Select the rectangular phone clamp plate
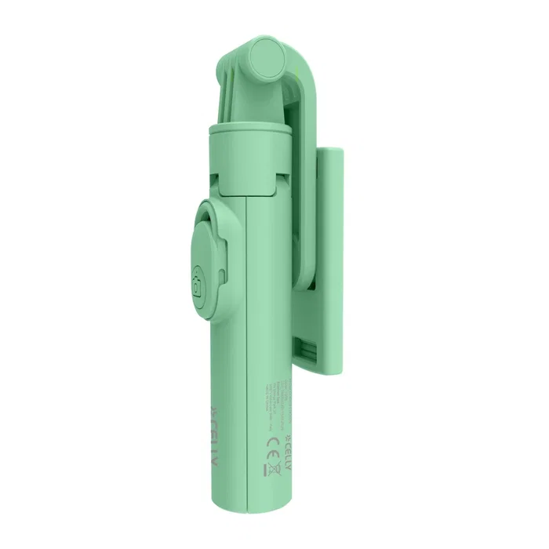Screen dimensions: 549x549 [330, 259]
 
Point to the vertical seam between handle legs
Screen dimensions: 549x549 [247, 353]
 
